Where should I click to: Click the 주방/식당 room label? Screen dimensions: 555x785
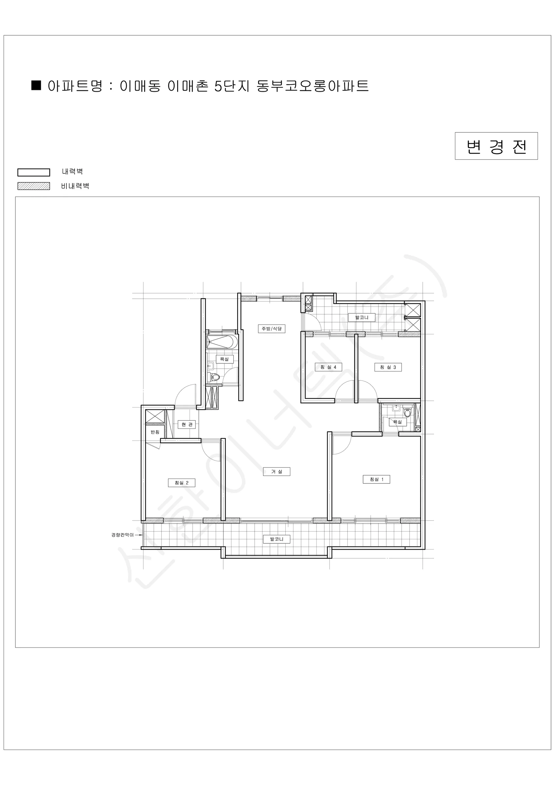(271, 329)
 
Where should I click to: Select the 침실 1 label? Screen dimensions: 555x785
(376, 480)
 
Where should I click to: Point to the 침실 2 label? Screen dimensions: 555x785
(181, 483)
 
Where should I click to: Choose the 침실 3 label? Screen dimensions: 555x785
(388, 367)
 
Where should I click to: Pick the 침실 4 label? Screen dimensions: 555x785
(328, 367)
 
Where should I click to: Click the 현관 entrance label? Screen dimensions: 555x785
(187, 424)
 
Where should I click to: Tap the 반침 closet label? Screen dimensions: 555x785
(155, 432)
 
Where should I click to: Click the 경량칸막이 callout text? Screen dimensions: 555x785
(122, 535)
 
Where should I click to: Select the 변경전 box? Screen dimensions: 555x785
(496, 146)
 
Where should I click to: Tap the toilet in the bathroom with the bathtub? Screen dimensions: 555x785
(215, 377)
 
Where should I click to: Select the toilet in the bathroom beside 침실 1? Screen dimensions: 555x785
(407, 412)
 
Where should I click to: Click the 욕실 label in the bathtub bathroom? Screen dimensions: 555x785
(225, 359)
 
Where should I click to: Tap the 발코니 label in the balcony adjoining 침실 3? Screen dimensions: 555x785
(362, 317)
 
